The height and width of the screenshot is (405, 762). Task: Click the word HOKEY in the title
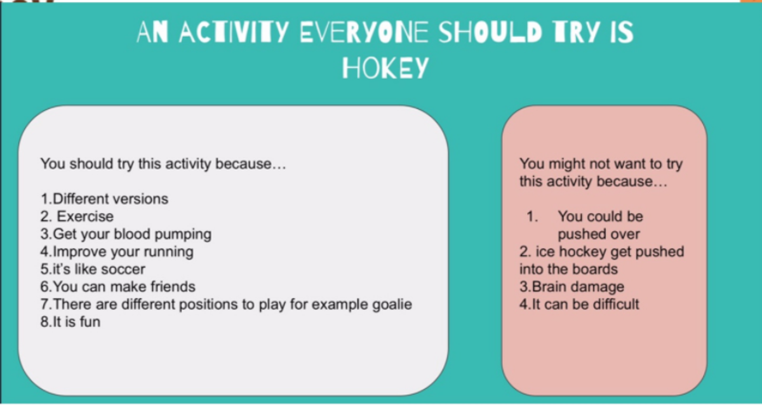pyautogui.click(x=385, y=68)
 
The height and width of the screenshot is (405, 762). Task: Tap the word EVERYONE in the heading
pyautogui.click(x=364, y=32)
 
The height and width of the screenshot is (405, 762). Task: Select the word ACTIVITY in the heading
pyautogui.click(x=234, y=32)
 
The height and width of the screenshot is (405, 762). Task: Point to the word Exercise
pyautogui.click(x=85, y=216)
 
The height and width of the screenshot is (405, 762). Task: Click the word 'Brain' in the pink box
pyautogui.click(x=547, y=287)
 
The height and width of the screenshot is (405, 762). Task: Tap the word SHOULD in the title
pyautogui.click(x=490, y=32)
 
